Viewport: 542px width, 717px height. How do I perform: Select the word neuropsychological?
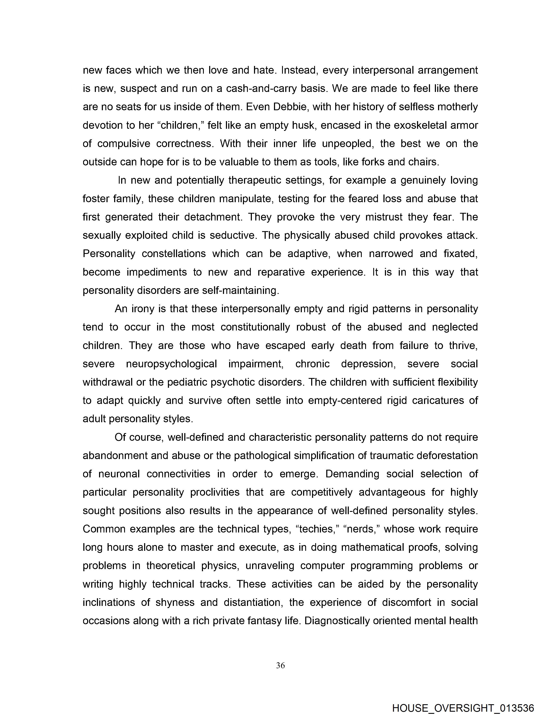tap(171, 364)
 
